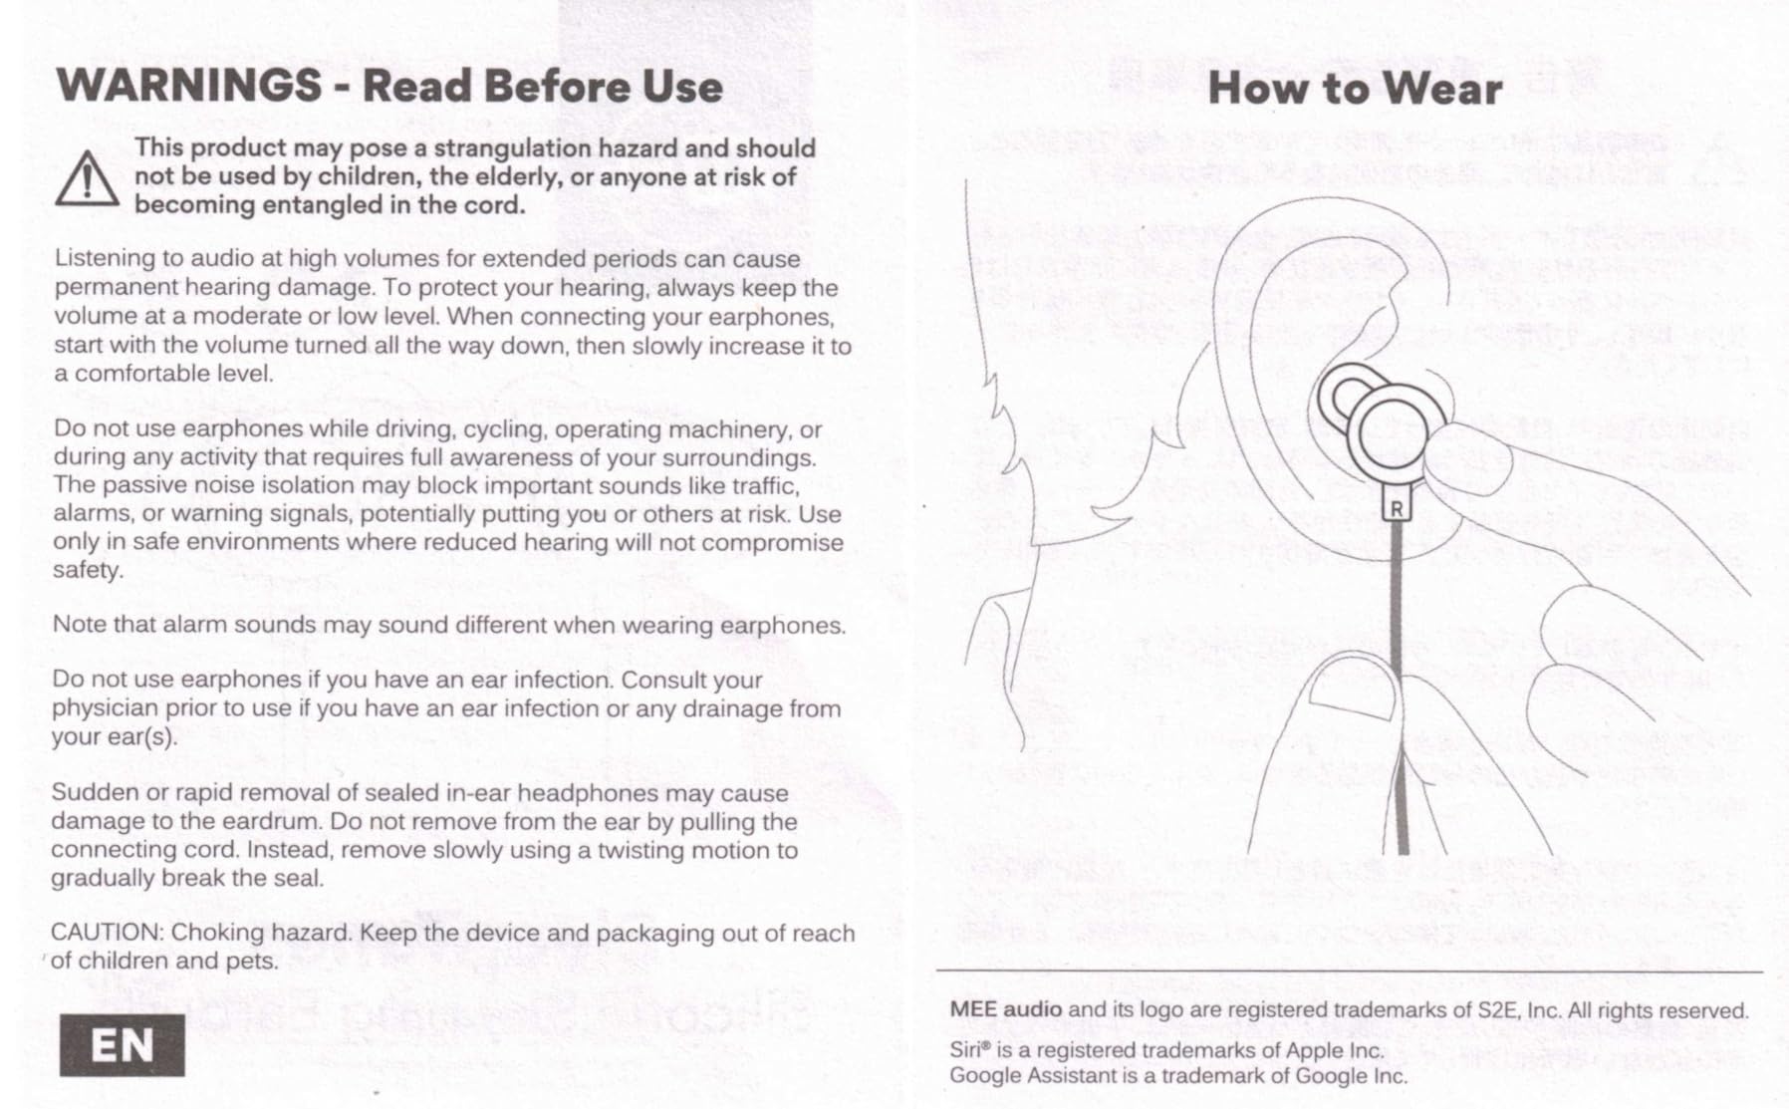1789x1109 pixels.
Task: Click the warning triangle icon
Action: [87, 180]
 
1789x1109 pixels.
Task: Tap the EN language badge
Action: [122, 1045]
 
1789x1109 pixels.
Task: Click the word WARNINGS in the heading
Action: [189, 86]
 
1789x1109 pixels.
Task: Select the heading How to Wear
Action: [1354, 89]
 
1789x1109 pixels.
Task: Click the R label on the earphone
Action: [1397, 509]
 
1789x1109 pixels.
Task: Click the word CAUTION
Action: [107, 933]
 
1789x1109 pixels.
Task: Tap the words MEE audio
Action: [1005, 1009]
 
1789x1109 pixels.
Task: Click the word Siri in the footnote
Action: [965, 1050]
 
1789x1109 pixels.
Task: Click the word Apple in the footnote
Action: [1314, 1051]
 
